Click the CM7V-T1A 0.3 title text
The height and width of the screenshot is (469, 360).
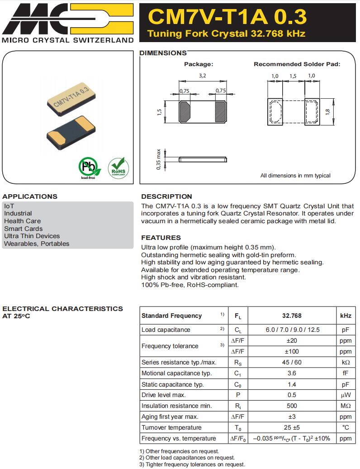coord(227,17)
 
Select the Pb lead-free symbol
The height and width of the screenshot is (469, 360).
coord(88,167)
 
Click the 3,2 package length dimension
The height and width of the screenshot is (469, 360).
coord(202,76)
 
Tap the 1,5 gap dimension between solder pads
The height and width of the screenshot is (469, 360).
coord(293,76)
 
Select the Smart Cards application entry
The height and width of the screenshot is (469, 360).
coord(23,229)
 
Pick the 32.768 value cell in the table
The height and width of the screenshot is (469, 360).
coord(292,316)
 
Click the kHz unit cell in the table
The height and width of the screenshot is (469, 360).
coord(345,316)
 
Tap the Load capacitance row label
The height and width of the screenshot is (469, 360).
coord(166,330)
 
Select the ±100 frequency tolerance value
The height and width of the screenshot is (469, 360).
coord(292,351)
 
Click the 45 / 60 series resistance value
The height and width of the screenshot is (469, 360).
coord(292,362)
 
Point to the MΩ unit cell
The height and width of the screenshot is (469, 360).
coord(345,406)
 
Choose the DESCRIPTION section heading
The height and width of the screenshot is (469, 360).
coord(166,196)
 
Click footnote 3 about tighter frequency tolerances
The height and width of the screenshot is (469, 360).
coord(192,464)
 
